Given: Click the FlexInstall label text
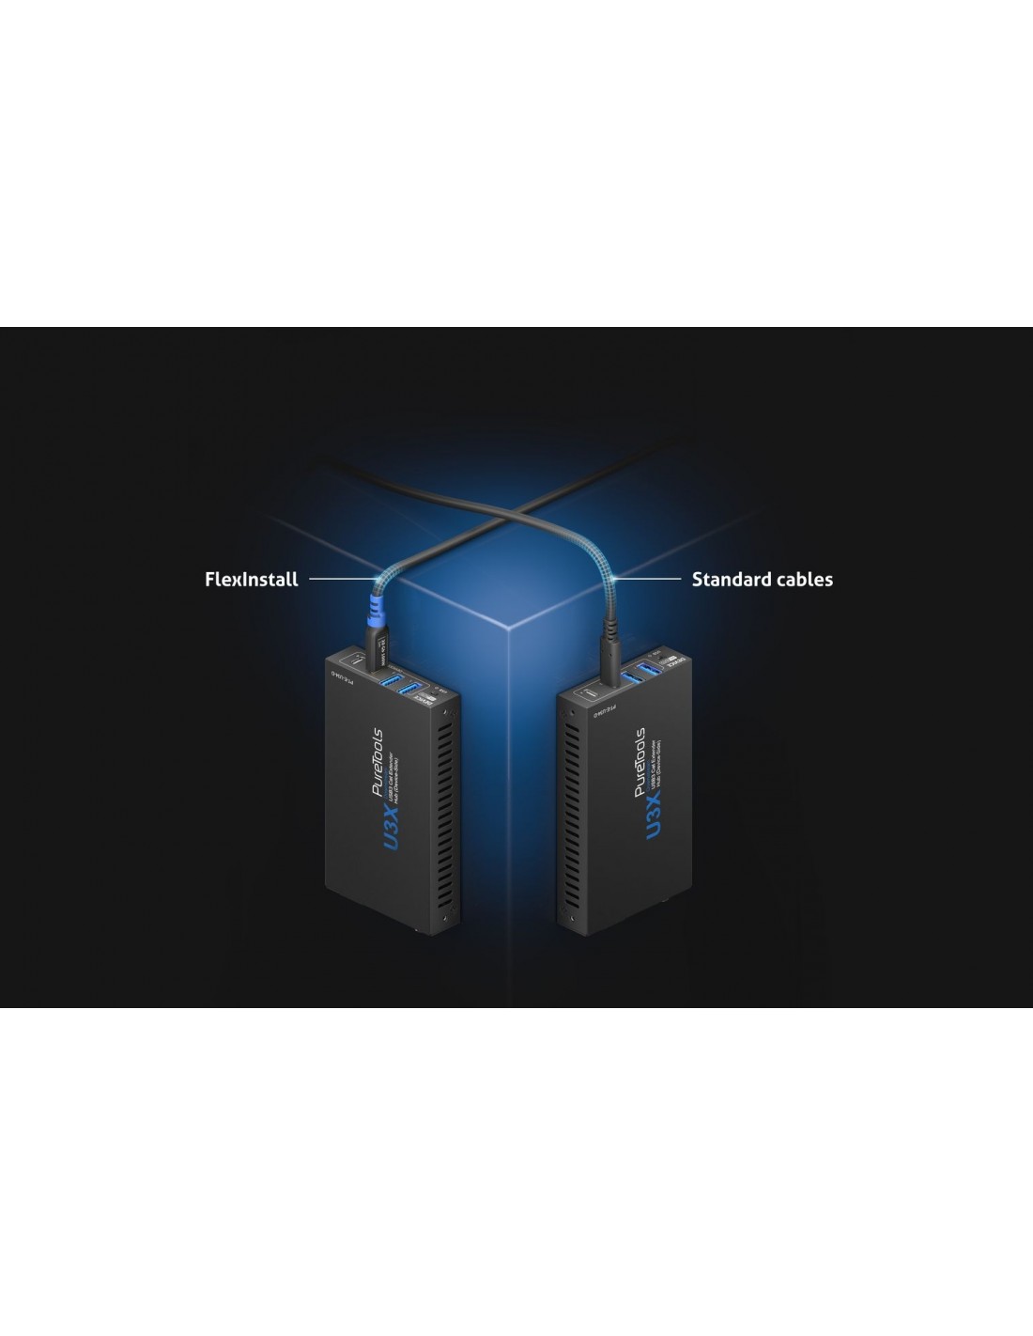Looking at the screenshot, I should (x=251, y=580).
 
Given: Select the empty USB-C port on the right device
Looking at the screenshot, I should (x=583, y=691).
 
